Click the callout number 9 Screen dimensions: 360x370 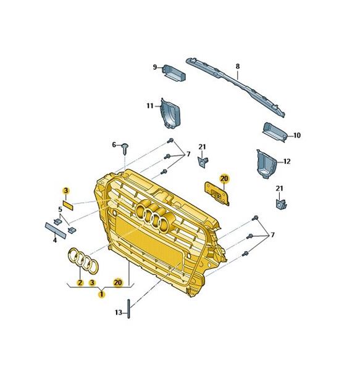click(155, 67)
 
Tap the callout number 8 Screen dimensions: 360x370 click(238, 67)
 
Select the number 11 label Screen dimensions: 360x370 click(150, 105)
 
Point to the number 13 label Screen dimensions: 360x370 click(119, 313)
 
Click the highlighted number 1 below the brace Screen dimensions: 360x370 click(102, 294)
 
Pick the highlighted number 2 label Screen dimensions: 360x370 click(80, 282)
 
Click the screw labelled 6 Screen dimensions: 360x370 click(125, 149)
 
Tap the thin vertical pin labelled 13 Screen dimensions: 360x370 click(128, 309)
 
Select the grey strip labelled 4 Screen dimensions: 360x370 click(56, 230)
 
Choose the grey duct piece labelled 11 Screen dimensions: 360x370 click(170, 113)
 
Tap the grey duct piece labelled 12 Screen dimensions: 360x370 click(267, 164)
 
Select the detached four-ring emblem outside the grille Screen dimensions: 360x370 click(83, 261)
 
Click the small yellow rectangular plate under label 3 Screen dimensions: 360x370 click(68, 205)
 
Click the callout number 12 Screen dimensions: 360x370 click(287, 162)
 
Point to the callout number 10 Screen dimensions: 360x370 click(297, 136)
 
